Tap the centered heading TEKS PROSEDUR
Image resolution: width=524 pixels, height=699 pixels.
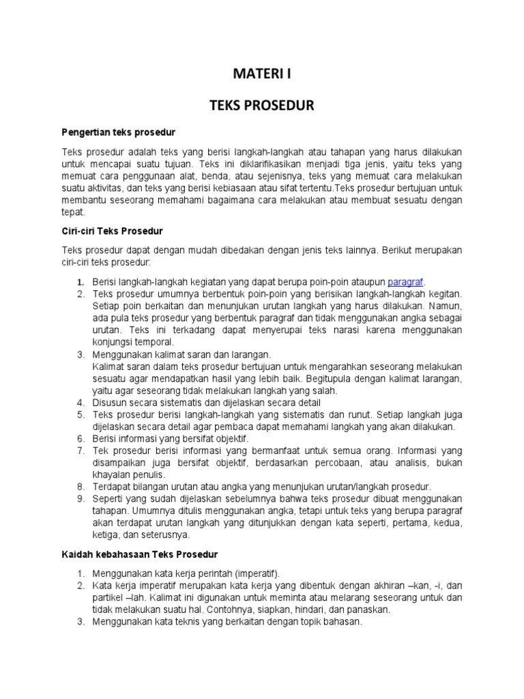pos(262,106)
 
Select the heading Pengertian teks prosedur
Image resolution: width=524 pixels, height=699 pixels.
pos(119,131)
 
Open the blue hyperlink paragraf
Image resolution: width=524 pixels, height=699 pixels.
pos(406,281)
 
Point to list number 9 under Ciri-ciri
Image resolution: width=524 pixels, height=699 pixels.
pos(80,499)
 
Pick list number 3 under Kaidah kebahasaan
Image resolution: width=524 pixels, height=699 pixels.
pos(80,622)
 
